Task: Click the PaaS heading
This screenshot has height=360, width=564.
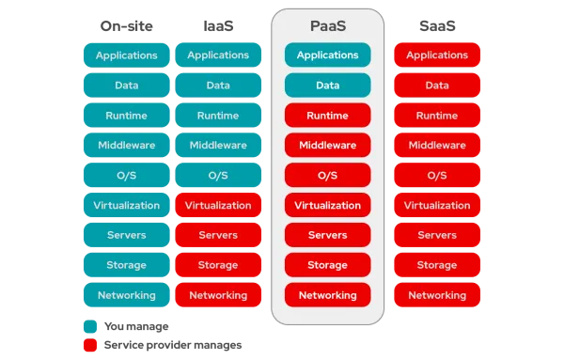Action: [327, 24]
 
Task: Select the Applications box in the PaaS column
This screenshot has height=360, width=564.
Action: [327, 55]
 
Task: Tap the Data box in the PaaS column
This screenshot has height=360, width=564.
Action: [327, 86]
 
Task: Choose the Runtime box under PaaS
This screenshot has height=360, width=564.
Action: [327, 116]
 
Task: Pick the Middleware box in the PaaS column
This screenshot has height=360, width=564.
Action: [327, 146]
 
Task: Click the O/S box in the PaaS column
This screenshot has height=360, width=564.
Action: [327, 176]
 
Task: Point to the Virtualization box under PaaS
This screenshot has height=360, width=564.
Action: [327, 205]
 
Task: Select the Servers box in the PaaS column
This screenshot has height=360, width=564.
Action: [327, 235]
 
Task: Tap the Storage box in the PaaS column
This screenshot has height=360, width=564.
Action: [327, 265]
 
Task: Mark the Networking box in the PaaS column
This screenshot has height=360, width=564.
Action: [327, 295]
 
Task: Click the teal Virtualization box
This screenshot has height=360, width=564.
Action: [126, 205]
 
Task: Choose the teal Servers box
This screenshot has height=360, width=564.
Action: [126, 235]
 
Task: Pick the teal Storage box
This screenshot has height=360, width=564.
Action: [126, 265]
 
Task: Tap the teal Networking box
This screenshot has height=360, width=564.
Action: [126, 295]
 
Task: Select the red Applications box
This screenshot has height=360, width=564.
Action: [436, 55]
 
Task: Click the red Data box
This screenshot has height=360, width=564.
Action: [436, 86]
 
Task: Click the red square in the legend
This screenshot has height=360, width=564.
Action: [89, 345]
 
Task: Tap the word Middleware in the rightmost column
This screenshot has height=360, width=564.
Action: [436, 146]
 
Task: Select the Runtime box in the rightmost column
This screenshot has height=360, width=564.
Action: [436, 116]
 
